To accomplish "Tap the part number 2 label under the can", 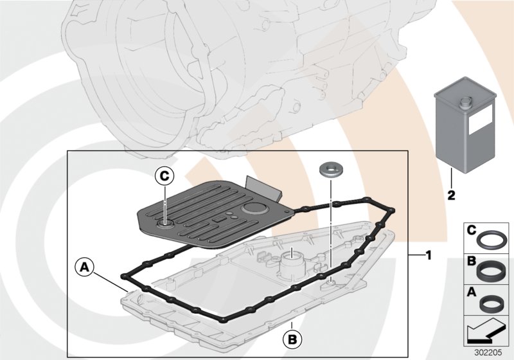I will (x=452, y=192).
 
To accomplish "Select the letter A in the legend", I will (x=472, y=292).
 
